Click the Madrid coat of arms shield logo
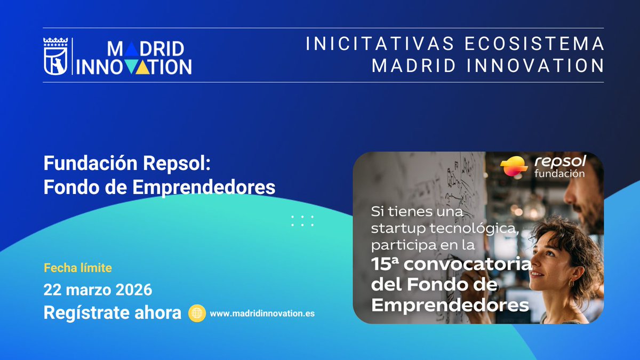coord(55,56)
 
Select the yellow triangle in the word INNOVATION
coord(141,66)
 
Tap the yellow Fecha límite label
coord(78,268)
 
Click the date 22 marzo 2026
coord(98,290)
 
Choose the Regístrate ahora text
coord(113,313)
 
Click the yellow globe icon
coord(197,314)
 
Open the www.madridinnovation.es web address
coord(262,314)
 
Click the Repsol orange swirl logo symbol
coord(515,167)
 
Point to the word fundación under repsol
coord(559,174)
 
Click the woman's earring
coord(571,283)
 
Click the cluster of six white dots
coord(302,221)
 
